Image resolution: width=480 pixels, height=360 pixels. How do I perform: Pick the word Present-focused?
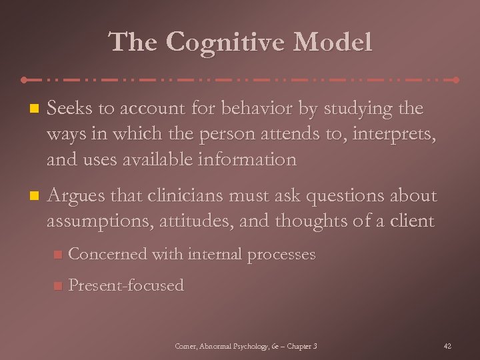[x=126, y=285]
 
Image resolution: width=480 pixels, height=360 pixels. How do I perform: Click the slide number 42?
[x=447, y=346]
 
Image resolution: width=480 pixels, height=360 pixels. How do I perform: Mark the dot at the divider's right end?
[x=456, y=79]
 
